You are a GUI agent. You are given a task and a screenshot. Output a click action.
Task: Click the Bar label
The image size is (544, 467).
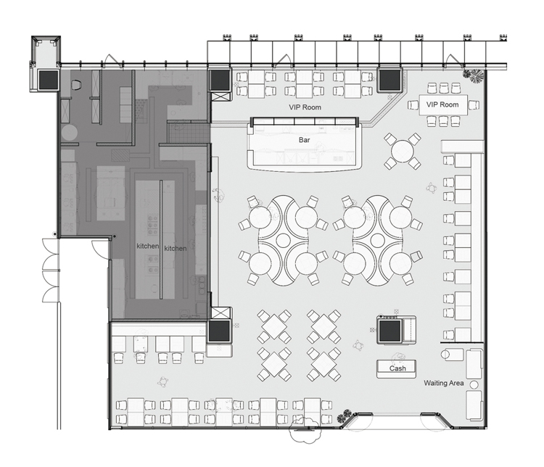coord(304,140)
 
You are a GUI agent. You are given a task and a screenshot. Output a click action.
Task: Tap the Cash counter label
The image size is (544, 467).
coord(397,368)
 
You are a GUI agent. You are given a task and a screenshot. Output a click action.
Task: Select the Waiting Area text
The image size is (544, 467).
coord(444,383)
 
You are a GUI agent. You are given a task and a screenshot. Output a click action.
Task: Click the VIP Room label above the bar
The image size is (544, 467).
coord(305,107)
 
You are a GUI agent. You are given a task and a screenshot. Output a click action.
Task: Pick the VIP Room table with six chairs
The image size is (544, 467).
coord(443,104)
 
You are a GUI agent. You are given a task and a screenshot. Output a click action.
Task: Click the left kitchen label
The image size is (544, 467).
coord(148,246)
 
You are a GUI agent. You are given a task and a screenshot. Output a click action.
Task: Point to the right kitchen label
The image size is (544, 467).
coord(176,249)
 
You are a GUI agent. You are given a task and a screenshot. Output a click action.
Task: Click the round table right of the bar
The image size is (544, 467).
coord(403,152)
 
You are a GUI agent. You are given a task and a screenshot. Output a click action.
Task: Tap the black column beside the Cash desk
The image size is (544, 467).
coord(390,331)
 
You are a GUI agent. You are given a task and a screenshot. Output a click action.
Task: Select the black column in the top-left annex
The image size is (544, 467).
coord(48,80)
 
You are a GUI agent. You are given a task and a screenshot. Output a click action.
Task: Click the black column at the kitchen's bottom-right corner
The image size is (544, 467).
coord(219,331)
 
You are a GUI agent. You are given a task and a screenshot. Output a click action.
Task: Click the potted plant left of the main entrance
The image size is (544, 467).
coord(345,416)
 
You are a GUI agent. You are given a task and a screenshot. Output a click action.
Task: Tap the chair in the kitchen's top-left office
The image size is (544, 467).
coord(76,84)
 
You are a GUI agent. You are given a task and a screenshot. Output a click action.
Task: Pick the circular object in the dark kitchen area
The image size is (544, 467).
coord(70,133)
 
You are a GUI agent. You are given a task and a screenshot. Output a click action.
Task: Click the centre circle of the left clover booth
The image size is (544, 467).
coord(284,239)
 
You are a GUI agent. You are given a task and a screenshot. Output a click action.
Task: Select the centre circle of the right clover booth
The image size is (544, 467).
coord(378,239)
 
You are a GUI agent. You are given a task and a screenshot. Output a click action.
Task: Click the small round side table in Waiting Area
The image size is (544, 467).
coord(474,385)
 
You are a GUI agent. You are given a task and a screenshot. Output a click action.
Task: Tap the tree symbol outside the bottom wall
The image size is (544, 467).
coord(305,430)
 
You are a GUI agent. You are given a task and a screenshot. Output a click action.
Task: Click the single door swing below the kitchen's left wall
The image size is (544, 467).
coord(102,249)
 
